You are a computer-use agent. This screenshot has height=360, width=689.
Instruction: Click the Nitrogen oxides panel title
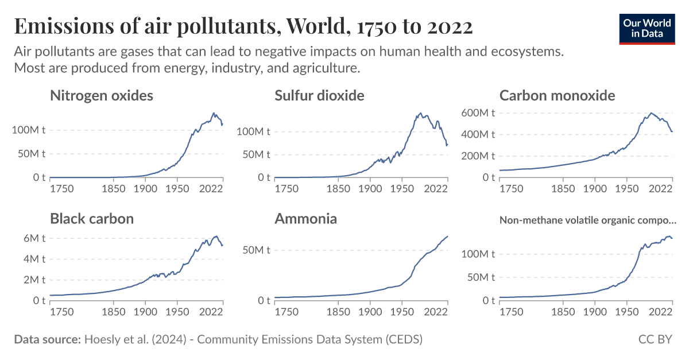click(102, 95)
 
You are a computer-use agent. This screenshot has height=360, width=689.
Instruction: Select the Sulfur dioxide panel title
click(319, 95)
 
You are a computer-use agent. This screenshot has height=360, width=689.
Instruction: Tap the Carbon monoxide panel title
click(557, 95)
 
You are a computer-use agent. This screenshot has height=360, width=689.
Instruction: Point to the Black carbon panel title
click(92, 219)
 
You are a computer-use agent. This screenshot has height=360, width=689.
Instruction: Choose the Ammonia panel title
click(305, 219)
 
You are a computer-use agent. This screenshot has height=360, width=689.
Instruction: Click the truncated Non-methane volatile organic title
click(588, 220)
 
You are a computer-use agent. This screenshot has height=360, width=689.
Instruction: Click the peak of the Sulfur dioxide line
click(420, 113)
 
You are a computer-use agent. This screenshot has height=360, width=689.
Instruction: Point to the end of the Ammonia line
click(448, 236)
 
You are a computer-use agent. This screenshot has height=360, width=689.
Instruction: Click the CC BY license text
click(655, 339)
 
